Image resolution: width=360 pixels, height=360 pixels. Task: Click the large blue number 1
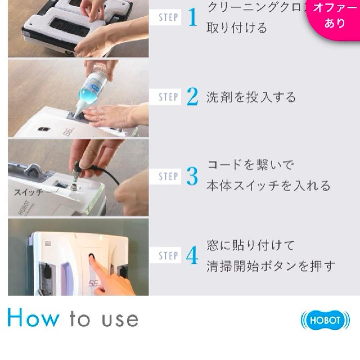pyautogui.click(x=193, y=18)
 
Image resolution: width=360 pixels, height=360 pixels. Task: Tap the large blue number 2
pyautogui.click(x=192, y=97)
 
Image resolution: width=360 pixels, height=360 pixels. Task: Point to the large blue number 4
pyautogui.click(x=192, y=256)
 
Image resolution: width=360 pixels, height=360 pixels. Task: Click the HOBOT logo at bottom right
pyautogui.click(x=325, y=321)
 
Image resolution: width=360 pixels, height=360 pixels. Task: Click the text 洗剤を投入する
pyautogui.click(x=251, y=97)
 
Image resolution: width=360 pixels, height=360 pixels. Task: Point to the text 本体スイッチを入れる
pyautogui.click(x=268, y=185)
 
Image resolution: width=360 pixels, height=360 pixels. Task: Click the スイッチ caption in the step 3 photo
pyautogui.click(x=28, y=192)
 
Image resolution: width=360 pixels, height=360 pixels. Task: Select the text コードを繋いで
pyautogui.click(x=250, y=165)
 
